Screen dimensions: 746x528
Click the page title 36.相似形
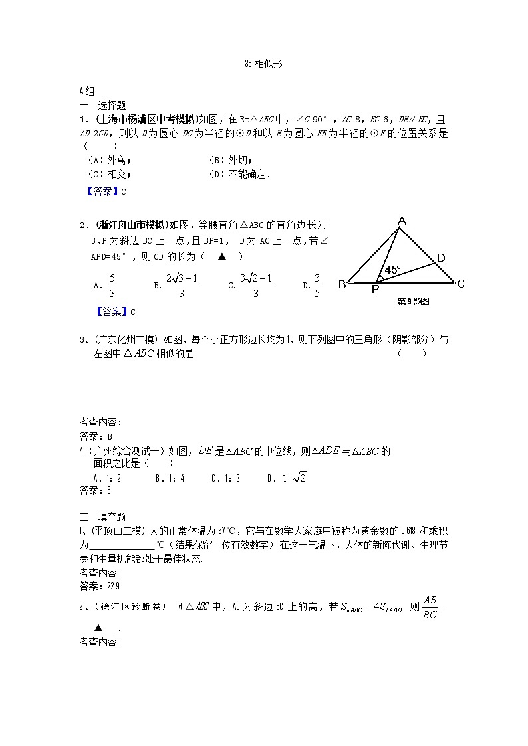264,64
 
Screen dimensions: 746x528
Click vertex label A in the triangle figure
401,221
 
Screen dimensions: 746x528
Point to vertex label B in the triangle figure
342,285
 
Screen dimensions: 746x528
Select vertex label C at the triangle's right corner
460,284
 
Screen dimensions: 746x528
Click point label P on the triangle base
375,289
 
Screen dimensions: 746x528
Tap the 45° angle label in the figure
392,270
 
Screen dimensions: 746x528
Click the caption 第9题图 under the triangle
413,301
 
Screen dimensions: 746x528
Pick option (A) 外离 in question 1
110,160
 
